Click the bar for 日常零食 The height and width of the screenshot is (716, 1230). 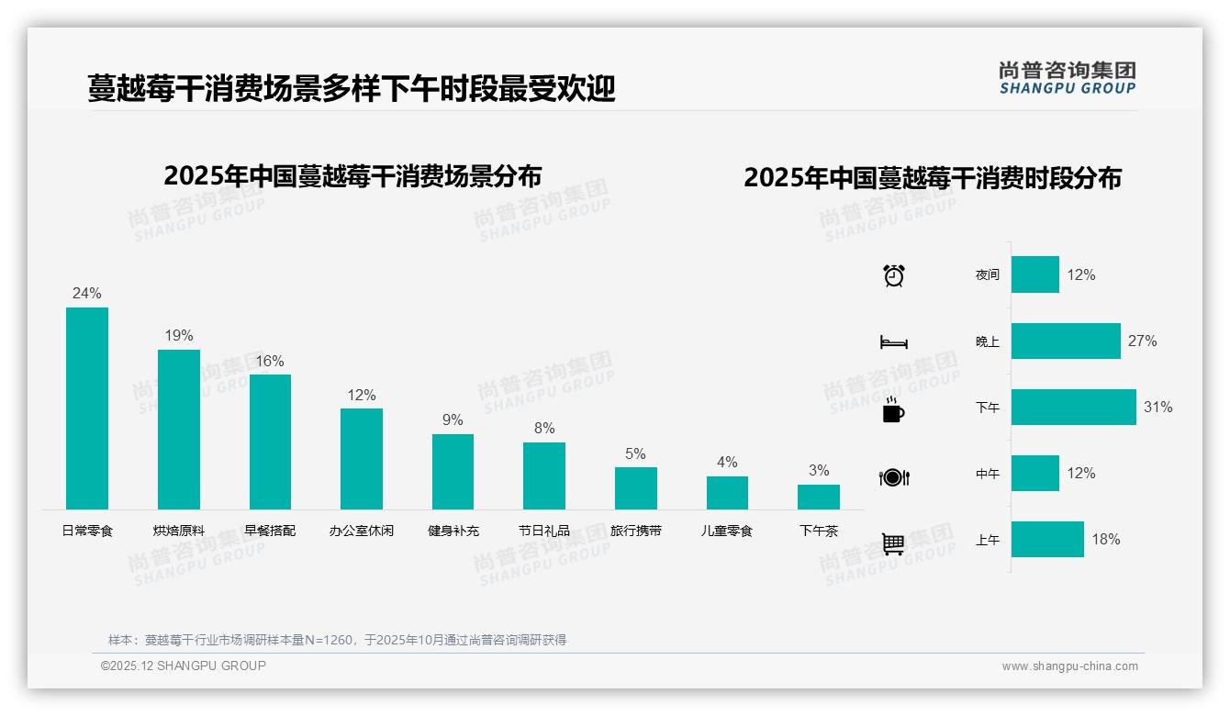click(87, 408)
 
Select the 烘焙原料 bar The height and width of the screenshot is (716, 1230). click(178, 430)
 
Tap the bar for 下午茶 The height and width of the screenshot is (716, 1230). click(818, 497)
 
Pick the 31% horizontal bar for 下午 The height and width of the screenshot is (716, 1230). click(1073, 407)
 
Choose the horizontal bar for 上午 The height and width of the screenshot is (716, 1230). click(1047, 539)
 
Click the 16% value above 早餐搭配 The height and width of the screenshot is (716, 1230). click(270, 361)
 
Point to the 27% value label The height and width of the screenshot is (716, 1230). click(1142, 341)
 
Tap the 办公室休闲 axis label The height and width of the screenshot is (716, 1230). click(361, 531)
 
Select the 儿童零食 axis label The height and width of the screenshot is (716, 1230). click(726, 531)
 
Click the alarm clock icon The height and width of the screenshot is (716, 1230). click(893, 274)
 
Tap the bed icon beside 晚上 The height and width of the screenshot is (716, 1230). click(893, 341)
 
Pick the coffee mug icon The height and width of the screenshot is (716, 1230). click(893, 409)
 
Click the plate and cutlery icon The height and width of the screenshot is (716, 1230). click(893, 476)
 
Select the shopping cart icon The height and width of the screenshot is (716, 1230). click(893, 543)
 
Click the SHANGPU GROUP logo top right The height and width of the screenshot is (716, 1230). click(1067, 78)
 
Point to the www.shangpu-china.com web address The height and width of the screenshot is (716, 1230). click(1069, 666)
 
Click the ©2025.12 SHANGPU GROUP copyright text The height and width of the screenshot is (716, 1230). click(184, 666)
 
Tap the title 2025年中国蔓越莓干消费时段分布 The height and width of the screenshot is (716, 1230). click(933, 177)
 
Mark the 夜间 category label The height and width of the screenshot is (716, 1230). click(988, 274)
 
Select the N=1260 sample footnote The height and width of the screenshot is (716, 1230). click(337, 640)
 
